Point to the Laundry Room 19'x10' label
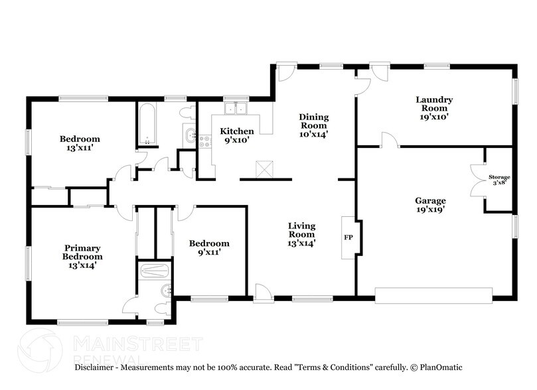pyautogui.click(x=434, y=108)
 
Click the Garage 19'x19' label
pyautogui.click(x=430, y=205)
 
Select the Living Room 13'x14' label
pyautogui.click(x=301, y=234)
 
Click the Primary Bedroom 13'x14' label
pyautogui.click(x=82, y=252)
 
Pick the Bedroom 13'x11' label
pyautogui.click(x=80, y=143)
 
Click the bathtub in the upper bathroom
pyautogui.click(x=147, y=125)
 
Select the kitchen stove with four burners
pyautogui.click(x=205, y=141)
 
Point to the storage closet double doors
pyautogui.click(x=477, y=180)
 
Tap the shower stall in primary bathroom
pyautogui.click(x=156, y=271)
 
